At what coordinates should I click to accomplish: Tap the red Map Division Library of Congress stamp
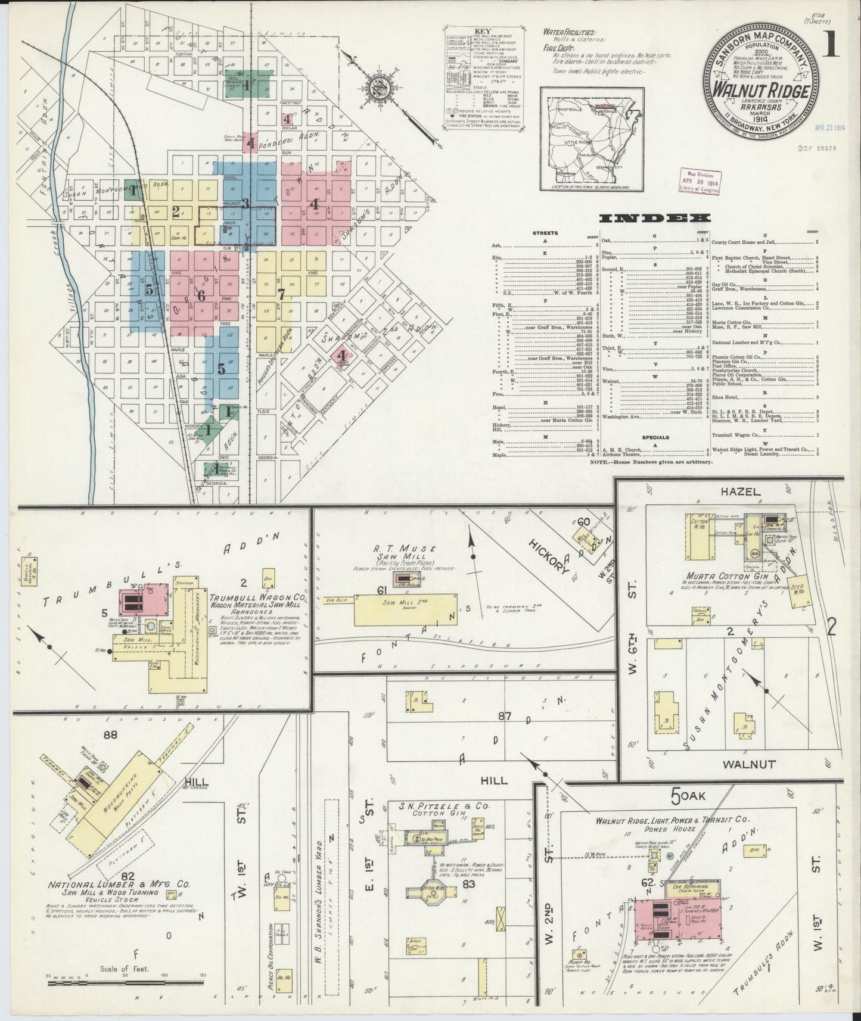[x=698, y=180]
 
